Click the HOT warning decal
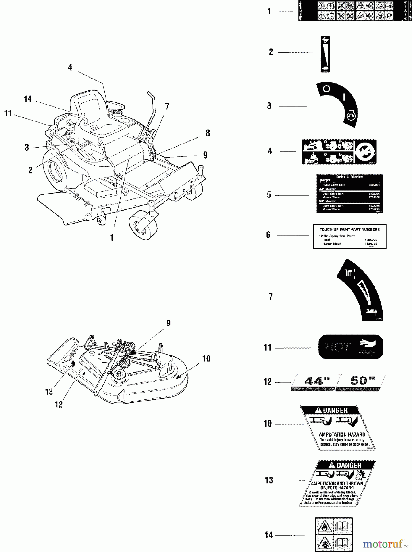[351, 347]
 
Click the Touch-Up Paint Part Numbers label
[349, 236]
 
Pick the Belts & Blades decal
[349, 194]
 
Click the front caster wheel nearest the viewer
[143, 225]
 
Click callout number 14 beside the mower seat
[28, 99]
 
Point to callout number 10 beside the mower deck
[206, 358]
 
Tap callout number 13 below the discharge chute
[49, 392]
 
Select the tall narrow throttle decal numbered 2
[325, 54]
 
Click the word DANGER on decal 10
[335, 410]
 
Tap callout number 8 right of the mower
[208, 133]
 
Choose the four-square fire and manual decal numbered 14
[334, 535]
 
